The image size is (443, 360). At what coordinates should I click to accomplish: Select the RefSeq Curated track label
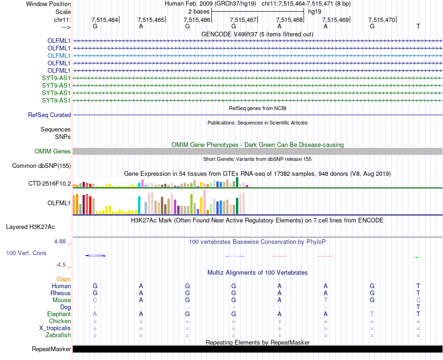point(49,115)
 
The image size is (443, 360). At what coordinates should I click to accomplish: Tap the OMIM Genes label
point(53,151)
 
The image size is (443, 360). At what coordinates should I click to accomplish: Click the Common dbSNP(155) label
point(42,166)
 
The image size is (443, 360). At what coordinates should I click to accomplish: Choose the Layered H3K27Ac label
point(30,227)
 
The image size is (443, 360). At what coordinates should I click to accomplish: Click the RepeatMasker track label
point(51,349)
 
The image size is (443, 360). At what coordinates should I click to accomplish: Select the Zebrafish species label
point(58,335)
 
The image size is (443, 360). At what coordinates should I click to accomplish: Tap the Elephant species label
point(59,314)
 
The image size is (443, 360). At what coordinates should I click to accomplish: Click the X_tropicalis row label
point(55,328)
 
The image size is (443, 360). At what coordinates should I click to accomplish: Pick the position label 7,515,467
point(244,20)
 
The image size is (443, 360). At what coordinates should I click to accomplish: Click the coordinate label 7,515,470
point(381,20)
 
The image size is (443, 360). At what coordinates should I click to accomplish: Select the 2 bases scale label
point(199,11)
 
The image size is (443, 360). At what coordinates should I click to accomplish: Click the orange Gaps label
point(63,279)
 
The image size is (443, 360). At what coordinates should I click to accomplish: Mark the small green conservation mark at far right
point(417,257)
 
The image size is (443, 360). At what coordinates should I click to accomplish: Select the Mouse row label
point(62,300)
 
